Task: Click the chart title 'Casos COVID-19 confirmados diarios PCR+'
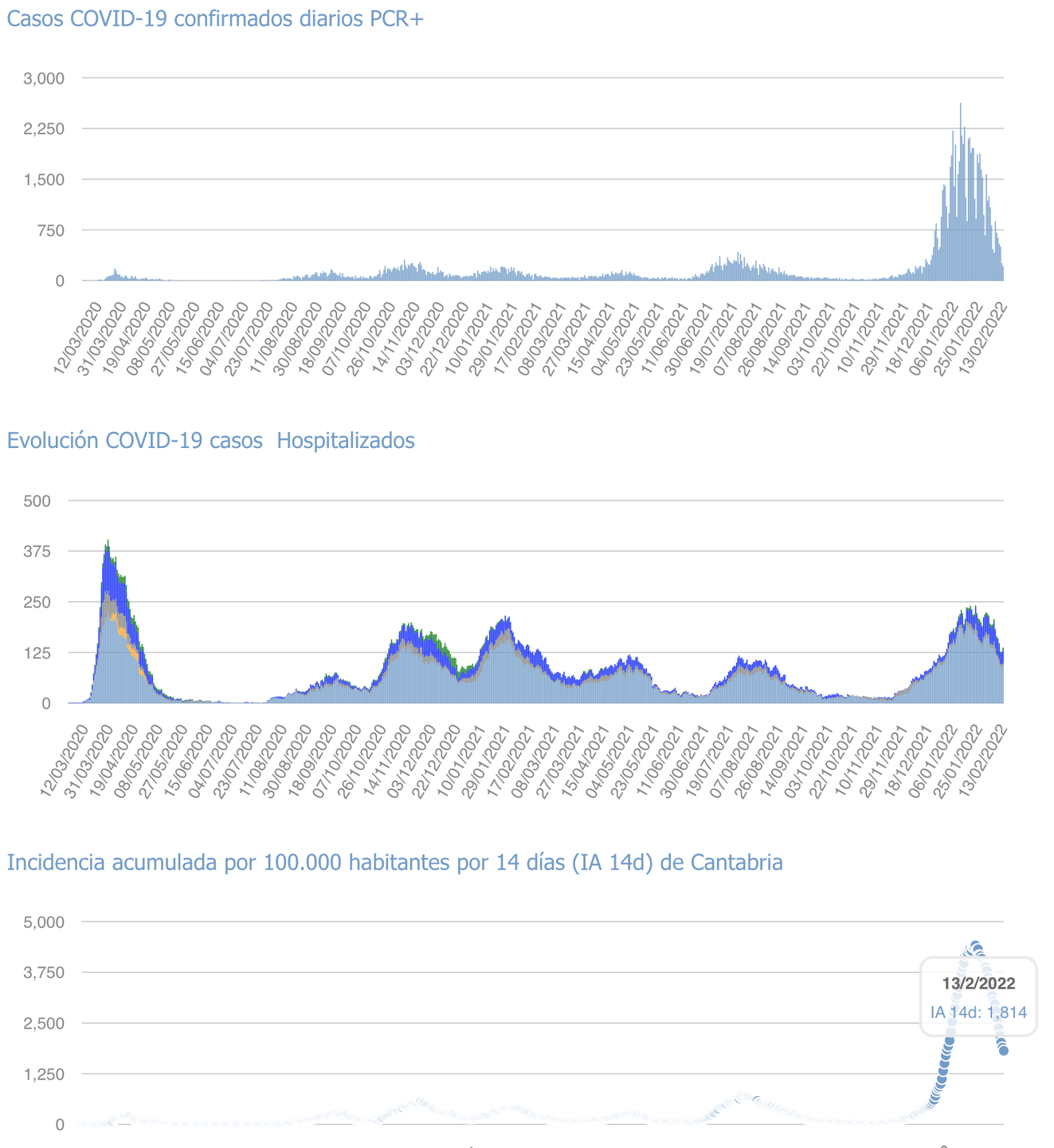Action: [x=215, y=19]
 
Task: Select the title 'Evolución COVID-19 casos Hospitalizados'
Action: [x=210, y=441]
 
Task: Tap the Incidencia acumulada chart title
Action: [x=394, y=863]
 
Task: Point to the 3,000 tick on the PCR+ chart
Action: [x=44, y=78]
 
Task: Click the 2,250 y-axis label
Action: [x=44, y=128]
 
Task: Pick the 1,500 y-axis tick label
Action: [x=44, y=179]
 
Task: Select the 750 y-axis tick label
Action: [x=50, y=230]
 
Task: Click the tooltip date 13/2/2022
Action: [x=978, y=984]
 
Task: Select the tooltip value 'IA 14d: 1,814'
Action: [x=978, y=1013]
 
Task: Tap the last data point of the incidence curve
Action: [x=1004, y=1051]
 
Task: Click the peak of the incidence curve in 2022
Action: [x=975, y=945]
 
